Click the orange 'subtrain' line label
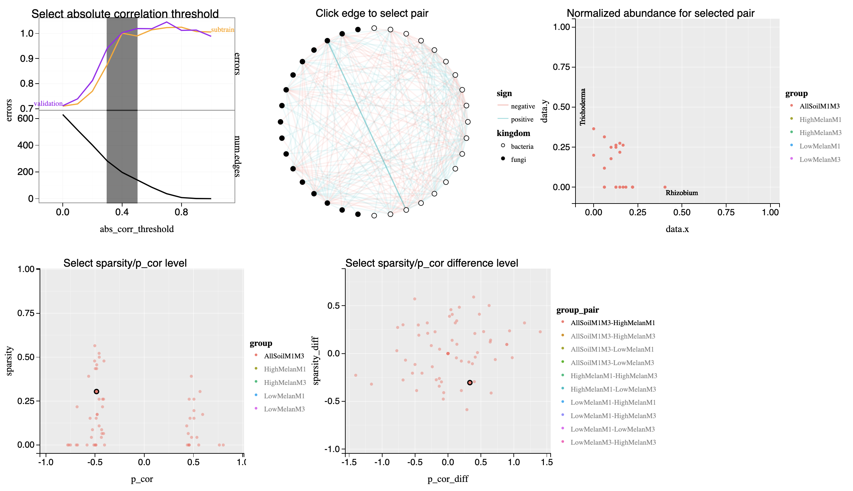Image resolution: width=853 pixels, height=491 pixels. tap(222, 30)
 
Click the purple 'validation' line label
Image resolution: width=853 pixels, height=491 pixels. tap(48, 103)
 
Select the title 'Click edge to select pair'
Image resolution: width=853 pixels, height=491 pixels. tap(371, 13)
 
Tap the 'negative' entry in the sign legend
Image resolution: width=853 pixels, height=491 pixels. tap(522, 106)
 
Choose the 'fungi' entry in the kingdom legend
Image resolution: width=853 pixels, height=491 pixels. tap(518, 160)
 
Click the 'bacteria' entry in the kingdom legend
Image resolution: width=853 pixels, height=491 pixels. tap(522, 147)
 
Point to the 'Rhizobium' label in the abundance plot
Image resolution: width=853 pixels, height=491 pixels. tap(682, 193)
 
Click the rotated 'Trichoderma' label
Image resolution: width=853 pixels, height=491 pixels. tap(583, 107)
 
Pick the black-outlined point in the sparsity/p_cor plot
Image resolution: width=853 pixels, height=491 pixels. tap(96, 392)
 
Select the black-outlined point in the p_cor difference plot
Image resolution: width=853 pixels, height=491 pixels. tap(470, 383)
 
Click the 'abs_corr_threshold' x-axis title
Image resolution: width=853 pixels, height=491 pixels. tap(137, 229)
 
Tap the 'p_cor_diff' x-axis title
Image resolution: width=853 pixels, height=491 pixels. tap(448, 479)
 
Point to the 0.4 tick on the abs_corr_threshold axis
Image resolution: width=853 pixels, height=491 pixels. tap(122, 212)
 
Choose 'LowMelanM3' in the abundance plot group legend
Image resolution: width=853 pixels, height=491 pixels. tap(820, 160)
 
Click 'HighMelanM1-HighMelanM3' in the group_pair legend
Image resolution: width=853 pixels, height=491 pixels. tap(613, 376)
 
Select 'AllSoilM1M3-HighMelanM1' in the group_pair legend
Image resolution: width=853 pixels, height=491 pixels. tap(612, 323)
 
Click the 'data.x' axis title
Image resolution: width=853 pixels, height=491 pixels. tap(677, 229)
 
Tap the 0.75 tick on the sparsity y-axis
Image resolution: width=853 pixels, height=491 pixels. tap(26, 313)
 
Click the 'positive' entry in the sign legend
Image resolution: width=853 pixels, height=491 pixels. tap(522, 120)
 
